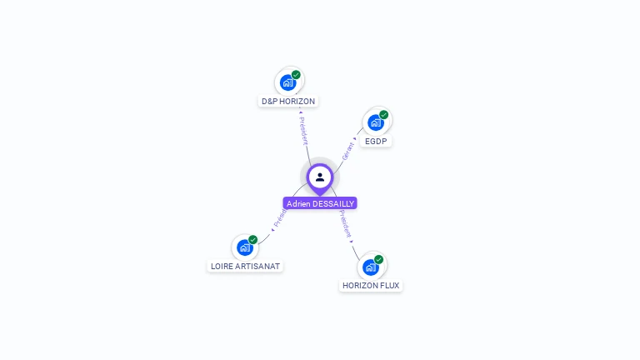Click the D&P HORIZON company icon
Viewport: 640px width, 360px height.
287,82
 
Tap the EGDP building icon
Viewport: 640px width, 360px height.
376,122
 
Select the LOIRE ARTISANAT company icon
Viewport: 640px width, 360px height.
244,247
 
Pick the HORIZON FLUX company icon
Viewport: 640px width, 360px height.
371,267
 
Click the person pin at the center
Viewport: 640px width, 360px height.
320,177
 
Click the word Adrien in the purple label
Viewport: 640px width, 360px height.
297,203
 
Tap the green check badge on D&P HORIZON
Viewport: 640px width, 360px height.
296,75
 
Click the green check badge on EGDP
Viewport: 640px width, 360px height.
384,115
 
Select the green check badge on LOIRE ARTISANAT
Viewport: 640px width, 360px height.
252,240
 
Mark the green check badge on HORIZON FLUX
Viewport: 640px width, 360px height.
379,260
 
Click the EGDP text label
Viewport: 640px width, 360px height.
377,142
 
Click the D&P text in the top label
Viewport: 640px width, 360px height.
269,101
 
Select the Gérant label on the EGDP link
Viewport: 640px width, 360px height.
348,150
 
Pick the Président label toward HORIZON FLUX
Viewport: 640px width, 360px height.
346,224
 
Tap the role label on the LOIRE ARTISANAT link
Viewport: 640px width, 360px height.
280,219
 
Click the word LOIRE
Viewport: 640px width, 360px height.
222,267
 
